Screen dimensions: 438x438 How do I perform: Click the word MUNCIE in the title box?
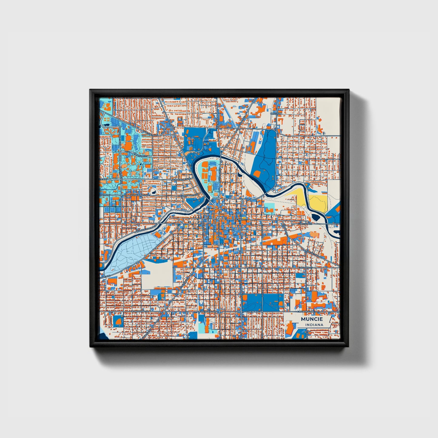pos(312,319)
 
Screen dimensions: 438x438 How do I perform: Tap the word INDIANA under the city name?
pos(314,325)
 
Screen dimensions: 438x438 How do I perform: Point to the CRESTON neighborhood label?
pos(276,113)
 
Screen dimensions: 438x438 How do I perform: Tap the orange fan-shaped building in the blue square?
pos(118,320)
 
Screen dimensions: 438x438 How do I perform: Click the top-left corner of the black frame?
pos(90,90)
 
